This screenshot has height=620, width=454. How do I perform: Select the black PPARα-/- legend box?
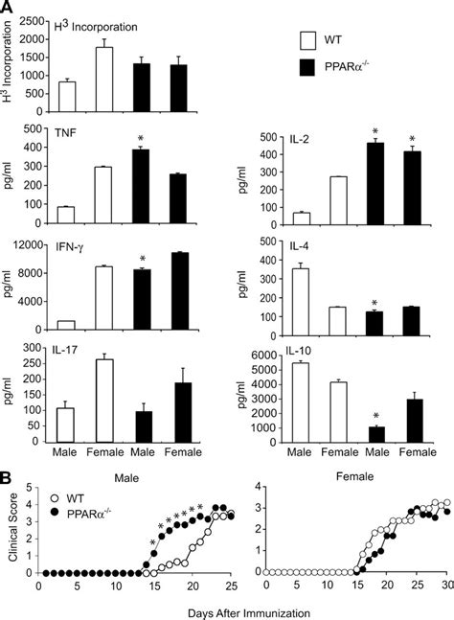[x=308, y=69]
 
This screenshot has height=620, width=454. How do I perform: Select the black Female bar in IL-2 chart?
[x=412, y=199]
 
